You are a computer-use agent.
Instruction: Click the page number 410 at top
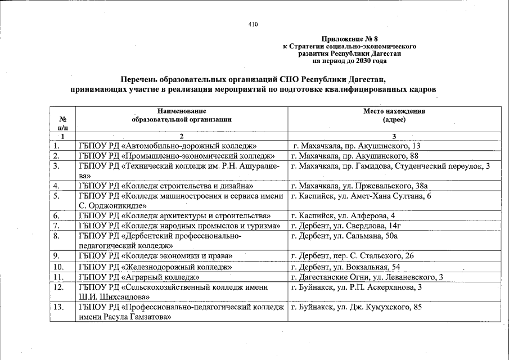[253, 24]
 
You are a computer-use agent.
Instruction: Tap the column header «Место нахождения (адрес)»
[394, 115]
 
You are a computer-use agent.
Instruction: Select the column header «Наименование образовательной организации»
[182, 115]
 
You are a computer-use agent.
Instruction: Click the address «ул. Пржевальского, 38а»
[360, 185]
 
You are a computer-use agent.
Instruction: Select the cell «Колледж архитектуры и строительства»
[175, 215]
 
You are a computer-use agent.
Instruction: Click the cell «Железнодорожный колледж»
[155, 266]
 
